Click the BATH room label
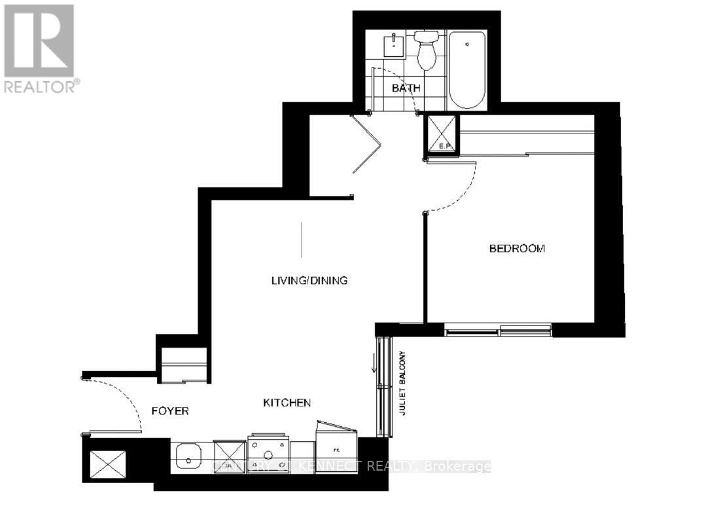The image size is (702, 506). (x=406, y=88)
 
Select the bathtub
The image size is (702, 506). (x=467, y=70)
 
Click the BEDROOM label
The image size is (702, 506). (x=518, y=249)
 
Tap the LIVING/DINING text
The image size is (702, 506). (x=309, y=281)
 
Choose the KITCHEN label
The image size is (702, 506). (x=287, y=403)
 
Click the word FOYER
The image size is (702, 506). (x=170, y=411)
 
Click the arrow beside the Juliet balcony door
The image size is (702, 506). (x=374, y=362)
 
